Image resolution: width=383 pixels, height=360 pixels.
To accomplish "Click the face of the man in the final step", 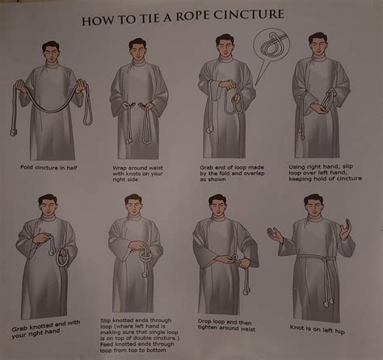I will tap(317, 209).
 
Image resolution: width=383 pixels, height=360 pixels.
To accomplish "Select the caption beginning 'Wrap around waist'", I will tap(141, 171).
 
